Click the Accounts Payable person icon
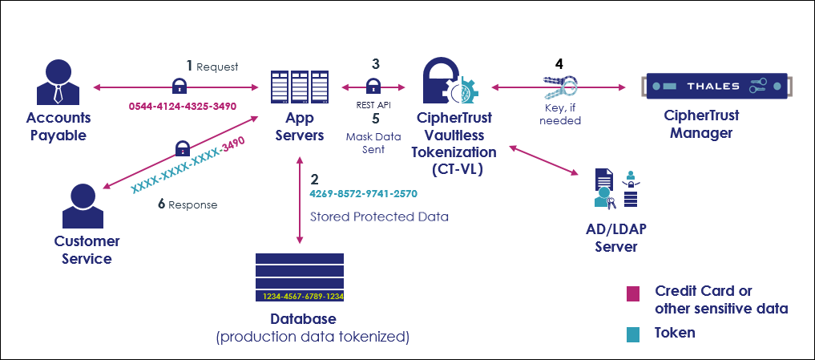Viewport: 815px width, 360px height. coord(60,81)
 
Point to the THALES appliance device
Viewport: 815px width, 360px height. coord(712,85)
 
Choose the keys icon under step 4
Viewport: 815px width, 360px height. coord(559,87)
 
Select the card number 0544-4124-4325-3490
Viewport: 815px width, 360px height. coord(183,105)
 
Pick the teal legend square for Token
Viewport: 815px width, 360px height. coord(634,332)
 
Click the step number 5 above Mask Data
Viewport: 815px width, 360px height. coord(374,119)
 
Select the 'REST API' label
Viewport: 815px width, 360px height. coord(373,104)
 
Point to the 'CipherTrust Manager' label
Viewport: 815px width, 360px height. coord(701,124)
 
